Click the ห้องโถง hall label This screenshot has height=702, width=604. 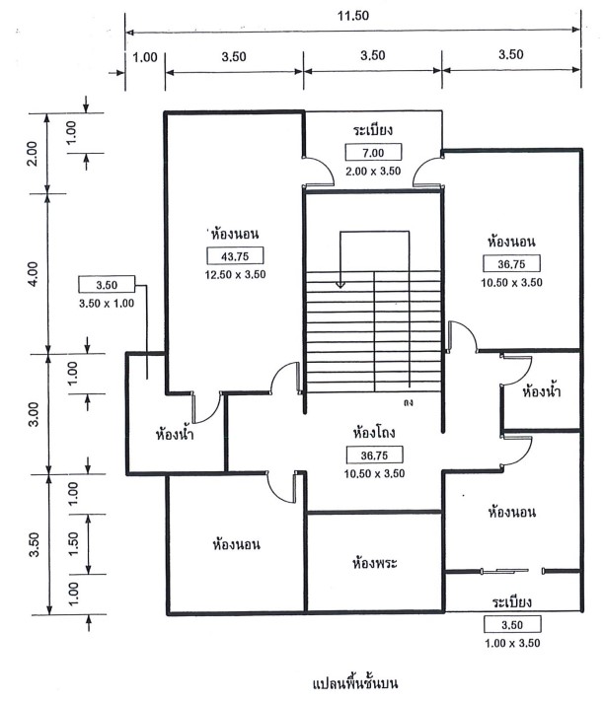[x=376, y=432]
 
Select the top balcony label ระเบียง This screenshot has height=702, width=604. [x=374, y=130]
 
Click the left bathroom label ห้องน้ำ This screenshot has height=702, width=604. [x=181, y=434]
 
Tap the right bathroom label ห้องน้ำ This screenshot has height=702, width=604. [x=540, y=391]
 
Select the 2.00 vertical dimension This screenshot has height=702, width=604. [x=32, y=153]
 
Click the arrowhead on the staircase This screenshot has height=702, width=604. [x=340, y=286]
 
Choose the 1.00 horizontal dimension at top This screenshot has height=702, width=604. [x=144, y=56]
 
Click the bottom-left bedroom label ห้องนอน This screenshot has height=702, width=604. [x=236, y=543]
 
